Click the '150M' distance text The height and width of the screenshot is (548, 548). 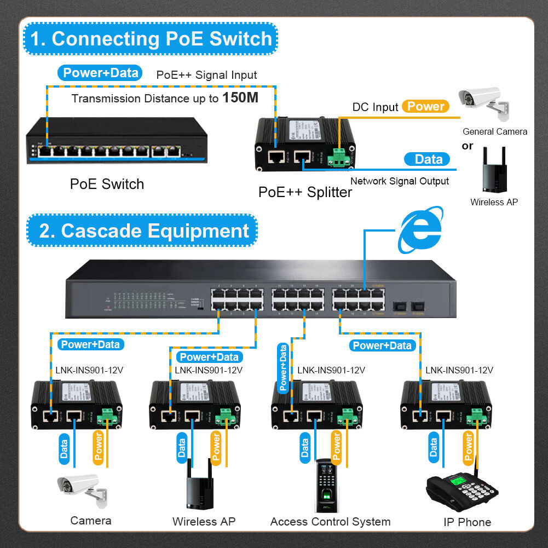click(x=240, y=99)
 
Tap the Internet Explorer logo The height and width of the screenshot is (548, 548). click(x=420, y=230)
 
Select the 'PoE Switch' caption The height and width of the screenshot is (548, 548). click(x=107, y=184)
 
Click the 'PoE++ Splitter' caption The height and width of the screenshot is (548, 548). click(x=305, y=192)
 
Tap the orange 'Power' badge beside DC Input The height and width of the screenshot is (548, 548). click(x=425, y=106)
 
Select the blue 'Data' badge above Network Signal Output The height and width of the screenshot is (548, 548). click(x=428, y=159)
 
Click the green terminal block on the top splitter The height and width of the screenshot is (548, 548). click(x=339, y=157)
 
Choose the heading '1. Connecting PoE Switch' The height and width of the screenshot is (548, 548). click(x=151, y=39)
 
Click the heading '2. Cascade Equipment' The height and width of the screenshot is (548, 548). click(x=143, y=230)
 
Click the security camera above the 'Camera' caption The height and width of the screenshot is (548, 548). click(x=80, y=488)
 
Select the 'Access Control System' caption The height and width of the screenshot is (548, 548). click(x=330, y=522)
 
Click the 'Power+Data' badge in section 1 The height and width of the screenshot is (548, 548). click(x=100, y=73)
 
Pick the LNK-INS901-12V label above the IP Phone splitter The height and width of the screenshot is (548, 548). click(x=459, y=370)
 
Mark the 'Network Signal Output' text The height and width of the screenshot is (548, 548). click(x=399, y=181)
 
